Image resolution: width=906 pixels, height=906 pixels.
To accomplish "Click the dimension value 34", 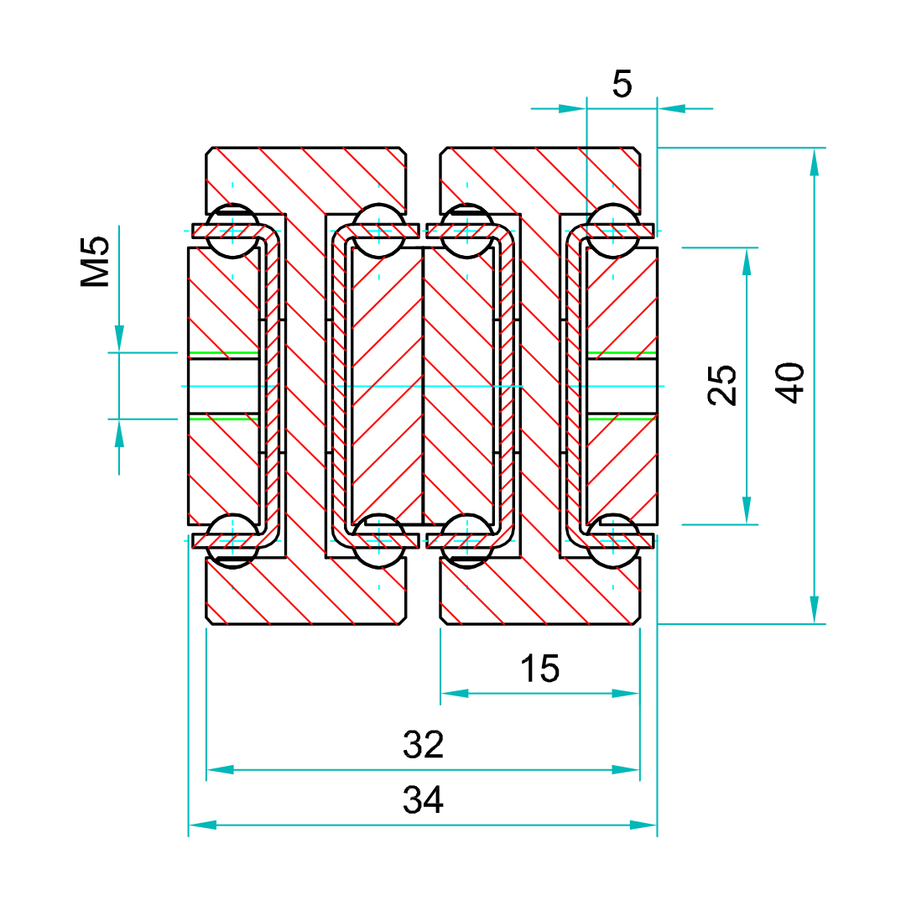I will (x=423, y=801).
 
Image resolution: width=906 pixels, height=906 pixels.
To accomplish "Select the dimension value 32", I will (x=423, y=745).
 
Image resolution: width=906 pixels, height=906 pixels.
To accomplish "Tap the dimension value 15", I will (x=539, y=669).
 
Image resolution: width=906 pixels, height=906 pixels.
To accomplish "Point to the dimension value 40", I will (x=790, y=383).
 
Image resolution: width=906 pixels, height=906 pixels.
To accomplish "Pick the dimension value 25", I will (x=723, y=385).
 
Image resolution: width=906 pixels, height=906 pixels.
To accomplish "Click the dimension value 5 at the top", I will (x=622, y=85).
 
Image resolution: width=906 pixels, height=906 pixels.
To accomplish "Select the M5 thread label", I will (x=96, y=262).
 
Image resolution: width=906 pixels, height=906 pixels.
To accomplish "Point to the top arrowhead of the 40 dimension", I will (x=814, y=161).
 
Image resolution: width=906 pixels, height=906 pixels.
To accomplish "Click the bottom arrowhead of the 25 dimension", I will (x=747, y=510).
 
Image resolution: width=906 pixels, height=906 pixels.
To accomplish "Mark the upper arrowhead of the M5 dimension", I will (x=119, y=338).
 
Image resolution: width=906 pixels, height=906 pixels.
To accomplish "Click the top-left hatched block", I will (x=306, y=179).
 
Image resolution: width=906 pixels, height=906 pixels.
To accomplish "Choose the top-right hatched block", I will (x=540, y=179).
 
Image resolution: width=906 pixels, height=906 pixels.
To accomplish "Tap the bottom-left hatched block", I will (x=306, y=594).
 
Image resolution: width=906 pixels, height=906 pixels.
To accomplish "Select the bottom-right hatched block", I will (x=540, y=594).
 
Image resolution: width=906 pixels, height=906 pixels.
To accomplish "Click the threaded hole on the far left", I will (x=223, y=386).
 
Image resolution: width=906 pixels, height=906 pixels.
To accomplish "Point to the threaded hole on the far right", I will (x=622, y=386).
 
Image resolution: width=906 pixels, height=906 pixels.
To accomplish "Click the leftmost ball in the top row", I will (x=232, y=231).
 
